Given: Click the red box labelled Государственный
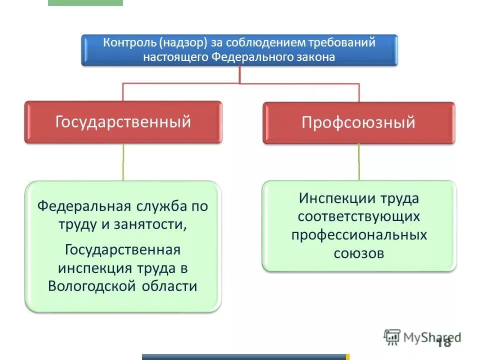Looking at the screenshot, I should (x=123, y=122).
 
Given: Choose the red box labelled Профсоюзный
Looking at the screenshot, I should (x=358, y=122).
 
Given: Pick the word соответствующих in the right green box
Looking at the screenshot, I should (x=358, y=216).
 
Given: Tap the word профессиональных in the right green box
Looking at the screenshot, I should (x=359, y=235).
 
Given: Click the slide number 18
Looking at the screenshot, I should (x=443, y=342).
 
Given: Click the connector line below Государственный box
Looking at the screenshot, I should (x=123, y=162).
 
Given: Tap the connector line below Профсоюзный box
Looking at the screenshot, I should (x=358, y=162).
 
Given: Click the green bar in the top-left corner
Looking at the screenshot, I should (x=85, y=2).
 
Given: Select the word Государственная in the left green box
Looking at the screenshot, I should (x=122, y=249).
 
